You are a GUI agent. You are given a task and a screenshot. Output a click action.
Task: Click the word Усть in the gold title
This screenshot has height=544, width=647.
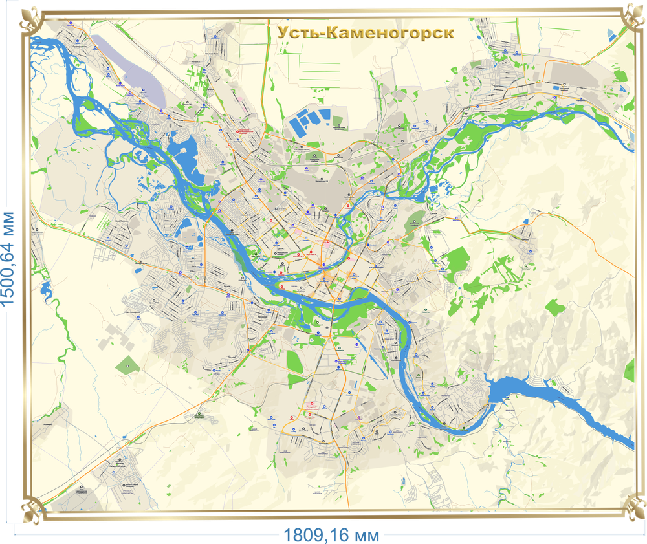pos(299,32)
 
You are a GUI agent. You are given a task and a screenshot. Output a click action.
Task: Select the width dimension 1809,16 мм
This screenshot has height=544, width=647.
pos(331,534)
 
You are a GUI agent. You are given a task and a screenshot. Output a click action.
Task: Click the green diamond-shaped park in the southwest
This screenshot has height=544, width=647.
pos(127,365)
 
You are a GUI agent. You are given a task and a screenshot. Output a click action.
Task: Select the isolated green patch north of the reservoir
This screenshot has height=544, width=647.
pos(553,307)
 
